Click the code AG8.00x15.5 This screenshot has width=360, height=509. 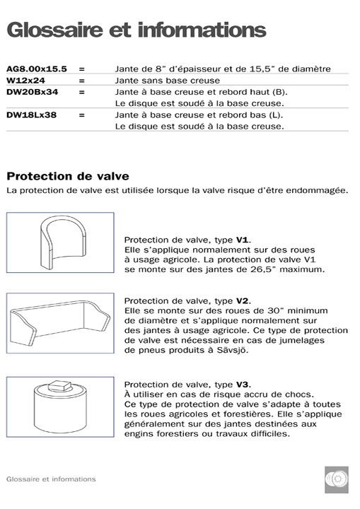(36, 69)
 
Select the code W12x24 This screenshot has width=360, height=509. (27, 81)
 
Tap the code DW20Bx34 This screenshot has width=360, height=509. (32, 92)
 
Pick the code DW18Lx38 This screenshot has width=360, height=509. (32, 115)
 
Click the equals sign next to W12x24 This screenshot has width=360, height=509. (82, 81)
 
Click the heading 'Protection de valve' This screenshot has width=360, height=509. (67, 176)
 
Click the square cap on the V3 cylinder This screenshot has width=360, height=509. (62, 387)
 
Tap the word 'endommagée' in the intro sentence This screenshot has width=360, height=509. (318, 191)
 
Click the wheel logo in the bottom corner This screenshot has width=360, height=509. (337, 479)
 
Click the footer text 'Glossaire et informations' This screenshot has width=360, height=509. (51, 479)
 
